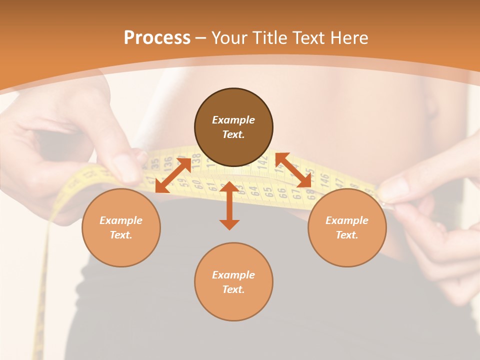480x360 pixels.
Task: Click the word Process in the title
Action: [x=157, y=38]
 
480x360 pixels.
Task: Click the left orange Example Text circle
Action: [x=121, y=227]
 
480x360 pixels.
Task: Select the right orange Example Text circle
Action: [x=346, y=227]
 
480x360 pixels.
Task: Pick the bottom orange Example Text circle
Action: [x=233, y=282]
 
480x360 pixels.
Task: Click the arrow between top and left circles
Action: [x=173, y=175]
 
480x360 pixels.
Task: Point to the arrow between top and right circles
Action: [x=293, y=170]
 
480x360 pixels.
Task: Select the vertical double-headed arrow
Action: [x=229, y=205]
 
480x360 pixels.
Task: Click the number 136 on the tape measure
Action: [x=168, y=161]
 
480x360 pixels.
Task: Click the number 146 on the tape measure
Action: [x=324, y=177]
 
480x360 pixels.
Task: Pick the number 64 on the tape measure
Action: [x=253, y=190]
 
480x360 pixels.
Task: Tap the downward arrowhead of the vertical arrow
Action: [x=229, y=224]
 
